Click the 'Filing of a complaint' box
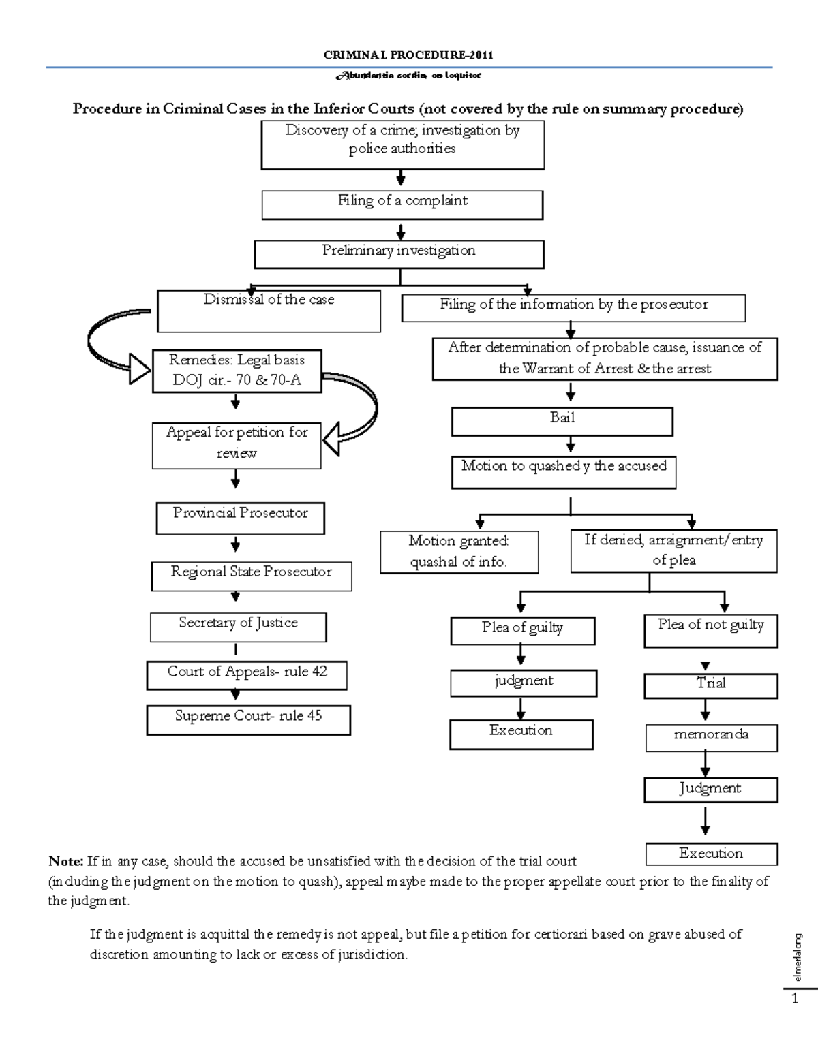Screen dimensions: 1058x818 tap(402, 204)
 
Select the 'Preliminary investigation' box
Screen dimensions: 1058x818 tap(399, 254)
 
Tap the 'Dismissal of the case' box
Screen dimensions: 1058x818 tap(269, 311)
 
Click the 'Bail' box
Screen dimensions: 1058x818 tap(562, 421)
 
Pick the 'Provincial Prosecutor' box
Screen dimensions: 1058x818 tap(240, 518)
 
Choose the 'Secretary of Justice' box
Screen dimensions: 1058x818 tap(238, 627)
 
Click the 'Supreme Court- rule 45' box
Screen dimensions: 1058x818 tap(248, 719)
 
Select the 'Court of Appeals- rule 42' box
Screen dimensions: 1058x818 tap(247, 674)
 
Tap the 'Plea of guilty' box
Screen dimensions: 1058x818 tap(522, 630)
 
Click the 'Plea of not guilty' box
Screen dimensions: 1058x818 tap(710, 631)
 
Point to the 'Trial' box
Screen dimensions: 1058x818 tap(710, 685)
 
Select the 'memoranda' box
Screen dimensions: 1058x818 tap(710, 736)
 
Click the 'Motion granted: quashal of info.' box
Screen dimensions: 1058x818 tap(459, 552)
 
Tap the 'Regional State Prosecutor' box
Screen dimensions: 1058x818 tap(251, 576)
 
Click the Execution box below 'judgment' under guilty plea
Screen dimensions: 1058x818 tap(521, 734)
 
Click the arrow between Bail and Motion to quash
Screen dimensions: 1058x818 tap(571, 445)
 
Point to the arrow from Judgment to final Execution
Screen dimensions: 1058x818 tap(706, 821)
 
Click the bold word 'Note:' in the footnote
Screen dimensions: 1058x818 tap(65, 861)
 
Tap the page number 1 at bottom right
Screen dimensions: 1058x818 tap(794, 999)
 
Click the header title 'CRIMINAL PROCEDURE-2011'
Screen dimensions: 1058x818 tap(408, 55)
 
